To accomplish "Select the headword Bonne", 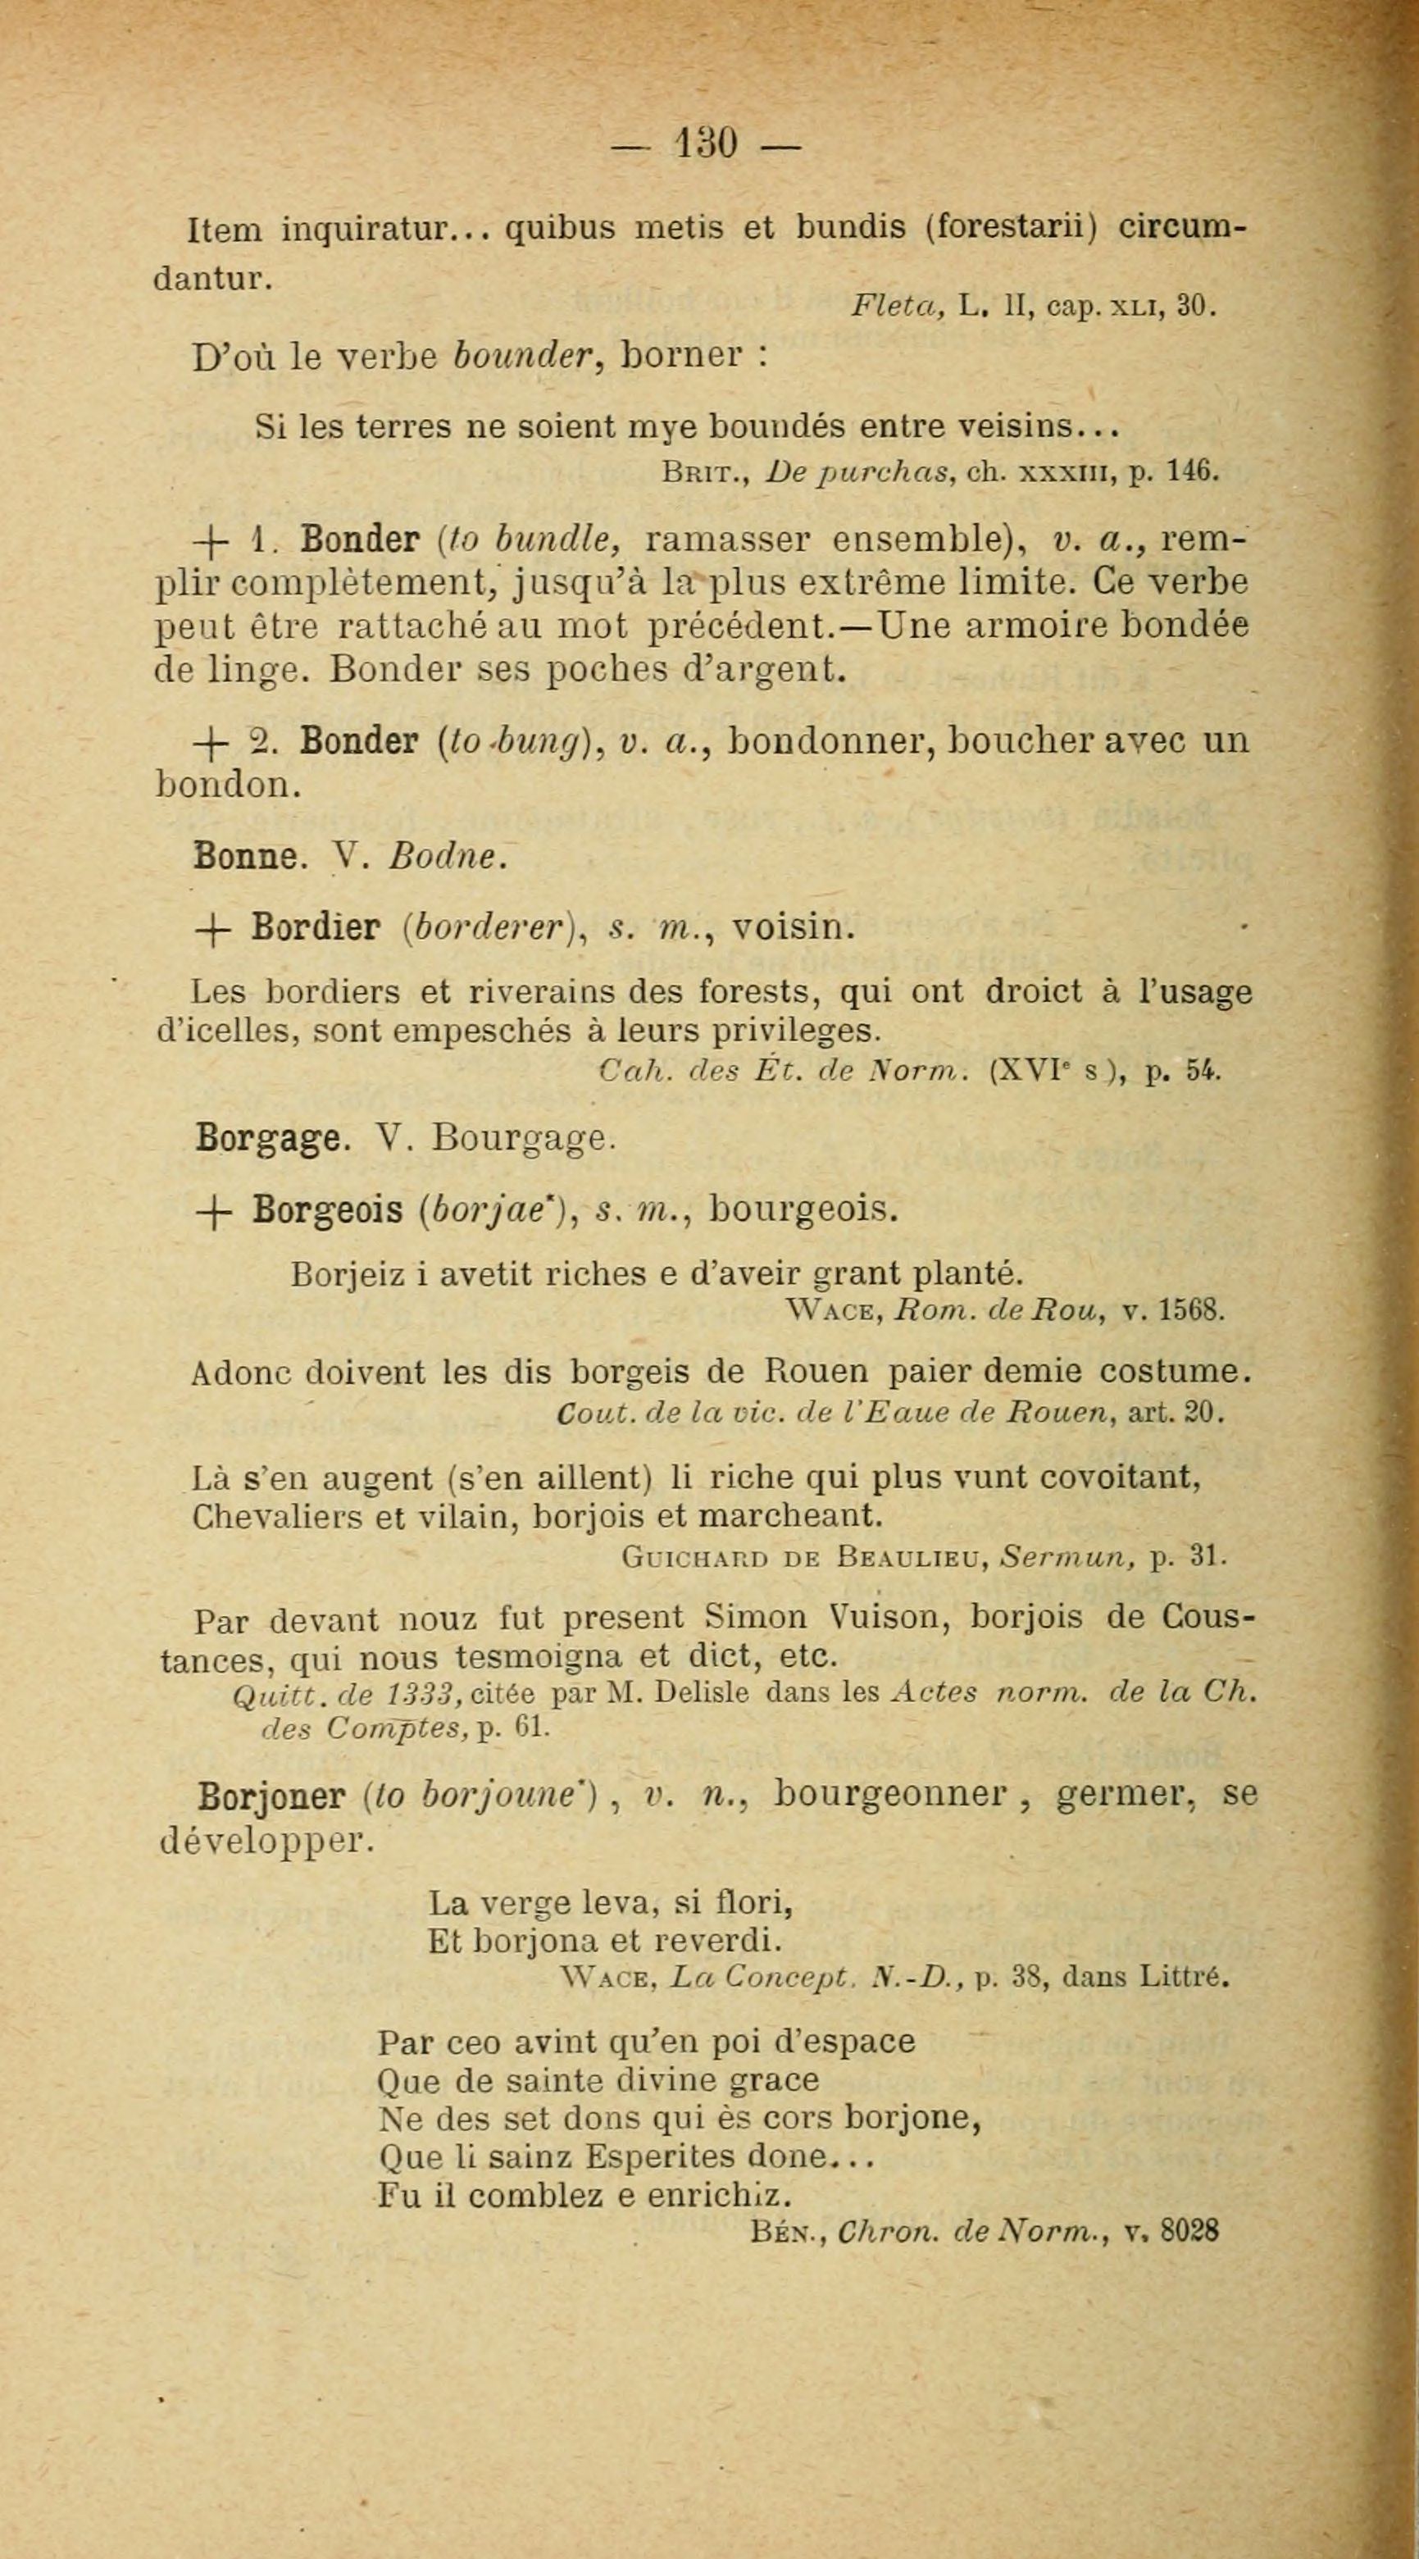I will pos(246,855).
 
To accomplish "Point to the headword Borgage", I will pos(271,1136).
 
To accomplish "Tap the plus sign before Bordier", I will pos(211,929).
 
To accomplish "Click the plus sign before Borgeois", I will pos(211,1211).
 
